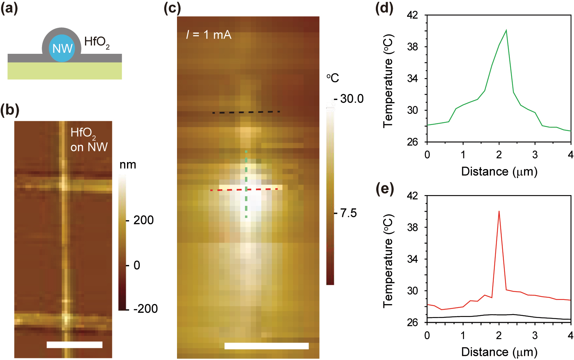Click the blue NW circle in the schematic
click(x=62, y=48)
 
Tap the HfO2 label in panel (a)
click(x=96, y=42)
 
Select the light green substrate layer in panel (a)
click(x=65, y=71)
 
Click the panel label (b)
click(x=9, y=110)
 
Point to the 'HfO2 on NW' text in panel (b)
click(x=88, y=140)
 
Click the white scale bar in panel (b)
click(x=74, y=344)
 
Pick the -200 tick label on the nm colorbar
click(x=145, y=309)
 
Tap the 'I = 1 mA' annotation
click(x=209, y=35)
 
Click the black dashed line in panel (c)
click(x=246, y=112)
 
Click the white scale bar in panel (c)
click(x=266, y=346)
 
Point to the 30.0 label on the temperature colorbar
click(x=352, y=99)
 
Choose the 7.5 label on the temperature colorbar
click(x=348, y=213)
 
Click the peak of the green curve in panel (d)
click(x=506, y=30)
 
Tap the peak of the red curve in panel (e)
click(x=499, y=211)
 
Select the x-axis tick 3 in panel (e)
click(x=535, y=335)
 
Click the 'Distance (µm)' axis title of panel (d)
click(x=499, y=171)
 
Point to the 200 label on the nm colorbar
click(x=143, y=220)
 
